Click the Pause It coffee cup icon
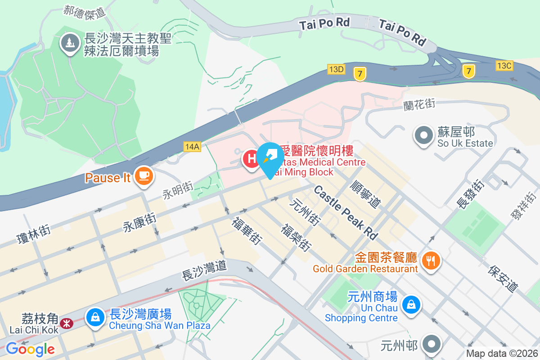click(144, 176)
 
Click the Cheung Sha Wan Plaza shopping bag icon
click(95, 317)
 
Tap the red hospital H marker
click(251, 158)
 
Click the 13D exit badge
click(336, 69)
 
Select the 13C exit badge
click(504, 65)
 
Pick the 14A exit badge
click(192, 146)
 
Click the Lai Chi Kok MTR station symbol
click(67, 323)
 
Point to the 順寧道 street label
click(365, 194)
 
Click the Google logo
click(30, 349)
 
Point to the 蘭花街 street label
click(419, 104)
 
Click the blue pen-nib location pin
click(270, 157)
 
